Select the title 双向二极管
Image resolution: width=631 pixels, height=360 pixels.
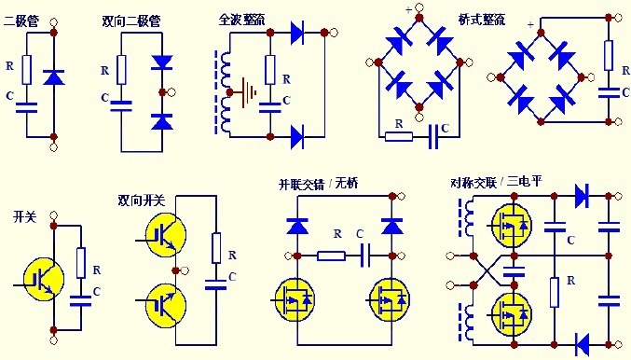click(130, 18)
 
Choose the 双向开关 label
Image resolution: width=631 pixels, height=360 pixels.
click(142, 199)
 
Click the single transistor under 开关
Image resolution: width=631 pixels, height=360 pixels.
click(40, 277)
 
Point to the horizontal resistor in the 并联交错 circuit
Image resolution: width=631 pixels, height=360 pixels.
click(330, 255)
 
